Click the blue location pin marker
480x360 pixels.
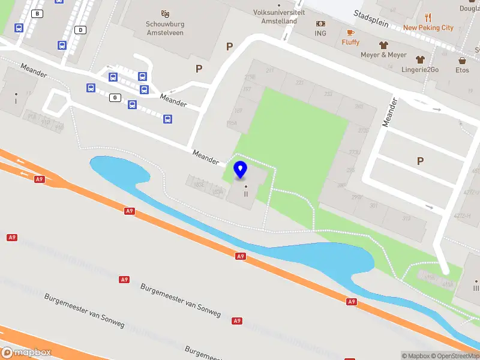point(241,169)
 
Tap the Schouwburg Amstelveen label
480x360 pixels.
point(165,28)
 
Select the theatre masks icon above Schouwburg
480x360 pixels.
point(165,13)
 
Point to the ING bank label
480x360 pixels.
point(320,33)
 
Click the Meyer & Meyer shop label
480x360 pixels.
point(383,55)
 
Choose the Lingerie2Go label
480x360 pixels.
point(420,70)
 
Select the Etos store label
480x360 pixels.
point(462,70)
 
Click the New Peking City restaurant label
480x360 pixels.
point(428,28)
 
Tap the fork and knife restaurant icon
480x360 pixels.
point(428,17)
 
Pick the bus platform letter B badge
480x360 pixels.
point(38,13)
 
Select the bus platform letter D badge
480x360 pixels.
point(80,29)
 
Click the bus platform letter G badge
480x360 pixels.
point(114,97)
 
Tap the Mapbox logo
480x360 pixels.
point(26,353)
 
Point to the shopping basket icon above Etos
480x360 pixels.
point(463,60)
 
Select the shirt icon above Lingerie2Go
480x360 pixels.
point(420,59)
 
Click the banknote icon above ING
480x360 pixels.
point(320,23)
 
